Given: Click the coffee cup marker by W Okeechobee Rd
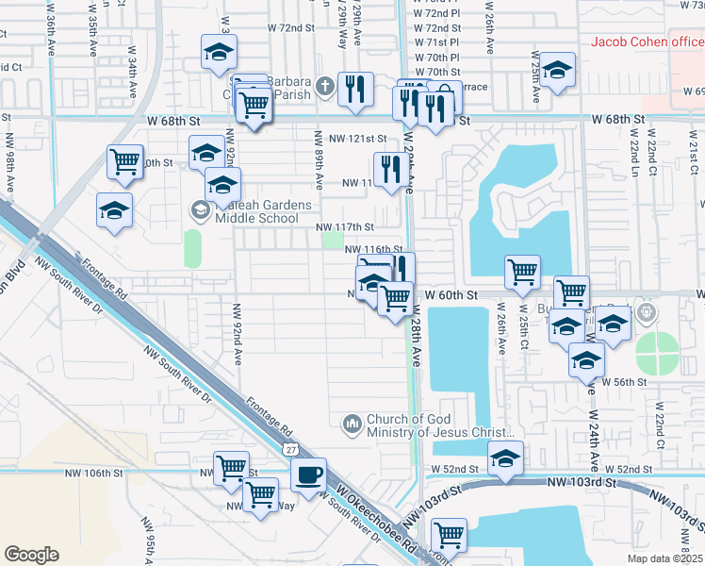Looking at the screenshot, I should [308, 474].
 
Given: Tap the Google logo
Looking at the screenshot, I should [31, 555].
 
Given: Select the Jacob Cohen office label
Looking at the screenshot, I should [647, 41].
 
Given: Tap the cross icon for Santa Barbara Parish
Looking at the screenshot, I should [324, 86].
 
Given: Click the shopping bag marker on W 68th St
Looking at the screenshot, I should [444, 98].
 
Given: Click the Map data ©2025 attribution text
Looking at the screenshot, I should [664, 558].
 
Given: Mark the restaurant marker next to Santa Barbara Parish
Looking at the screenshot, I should [355, 90].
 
